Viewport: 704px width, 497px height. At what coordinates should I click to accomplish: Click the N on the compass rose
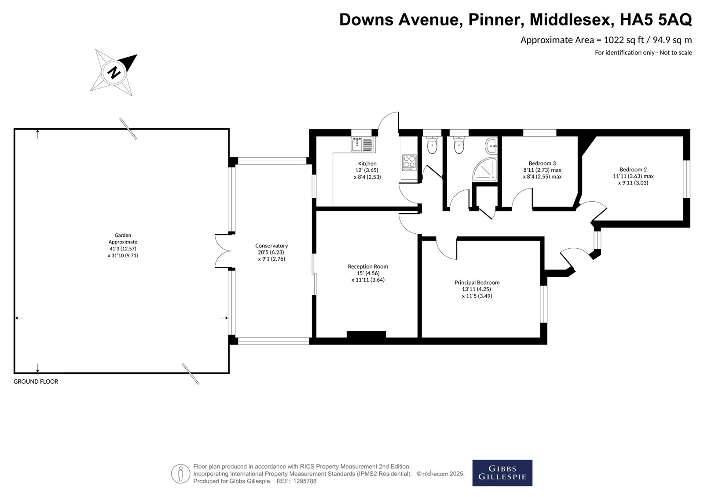click(114, 73)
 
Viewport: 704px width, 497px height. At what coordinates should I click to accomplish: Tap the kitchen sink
click(362, 145)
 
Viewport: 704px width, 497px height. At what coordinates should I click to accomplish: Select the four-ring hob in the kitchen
click(409, 163)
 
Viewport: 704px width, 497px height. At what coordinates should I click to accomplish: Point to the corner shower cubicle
click(485, 170)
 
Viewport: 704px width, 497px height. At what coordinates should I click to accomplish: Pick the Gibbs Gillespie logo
click(502, 473)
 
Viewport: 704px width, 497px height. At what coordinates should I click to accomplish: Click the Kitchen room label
click(367, 163)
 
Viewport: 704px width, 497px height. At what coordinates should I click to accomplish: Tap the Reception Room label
click(368, 267)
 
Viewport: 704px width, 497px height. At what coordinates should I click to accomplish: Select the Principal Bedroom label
click(477, 283)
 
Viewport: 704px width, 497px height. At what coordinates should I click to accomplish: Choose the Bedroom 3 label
click(542, 163)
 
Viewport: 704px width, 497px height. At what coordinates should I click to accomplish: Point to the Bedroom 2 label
click(633, 170)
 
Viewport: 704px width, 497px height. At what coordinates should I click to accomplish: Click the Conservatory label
click(271, 246)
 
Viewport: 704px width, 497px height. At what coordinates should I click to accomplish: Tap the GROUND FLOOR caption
click(36, 381)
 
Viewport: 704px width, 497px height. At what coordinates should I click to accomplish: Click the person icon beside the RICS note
click(180, 473)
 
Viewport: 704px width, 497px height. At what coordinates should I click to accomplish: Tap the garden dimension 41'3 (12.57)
click(123, 249)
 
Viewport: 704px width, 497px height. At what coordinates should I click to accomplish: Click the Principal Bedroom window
click(544, 304)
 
